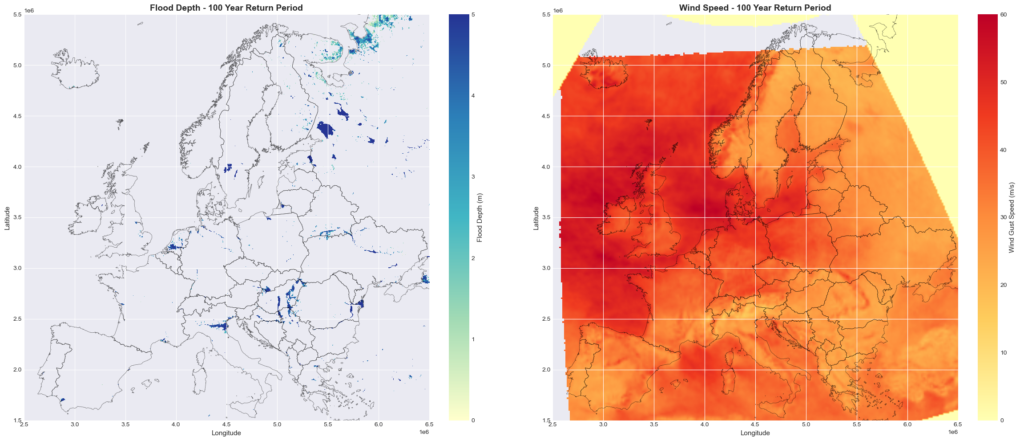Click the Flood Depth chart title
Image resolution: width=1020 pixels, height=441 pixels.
click(x=226, y=8)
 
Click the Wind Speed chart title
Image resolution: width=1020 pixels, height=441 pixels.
click(x=755, y=8)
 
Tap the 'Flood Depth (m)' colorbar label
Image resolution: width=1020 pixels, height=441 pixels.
click(x=480, y=218)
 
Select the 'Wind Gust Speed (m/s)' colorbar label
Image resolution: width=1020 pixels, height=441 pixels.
click(x=1011, y=218)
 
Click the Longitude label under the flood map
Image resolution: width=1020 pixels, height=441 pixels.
click(x=226, y=433)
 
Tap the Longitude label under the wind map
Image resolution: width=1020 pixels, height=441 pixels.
click(x=755, y=433)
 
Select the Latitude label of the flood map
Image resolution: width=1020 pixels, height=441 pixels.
click(x=7, y=218)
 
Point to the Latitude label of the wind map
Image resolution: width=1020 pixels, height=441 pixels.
click(x=536, y=218)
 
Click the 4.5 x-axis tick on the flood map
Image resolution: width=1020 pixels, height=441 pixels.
click(x=226, y=425)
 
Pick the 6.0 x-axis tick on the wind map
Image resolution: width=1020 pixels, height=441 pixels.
click(x=907, y=425)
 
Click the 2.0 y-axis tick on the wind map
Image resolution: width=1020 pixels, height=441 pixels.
click(x=545, y=370)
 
